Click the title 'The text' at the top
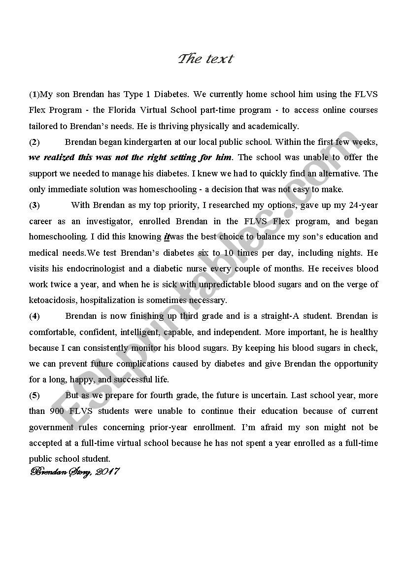click(x=205, y=59)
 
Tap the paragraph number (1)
click(x=34, y=94)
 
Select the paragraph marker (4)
click(x=34, y=316)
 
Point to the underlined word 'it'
click(x=167, y=237)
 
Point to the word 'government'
click(x=52, y=427)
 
